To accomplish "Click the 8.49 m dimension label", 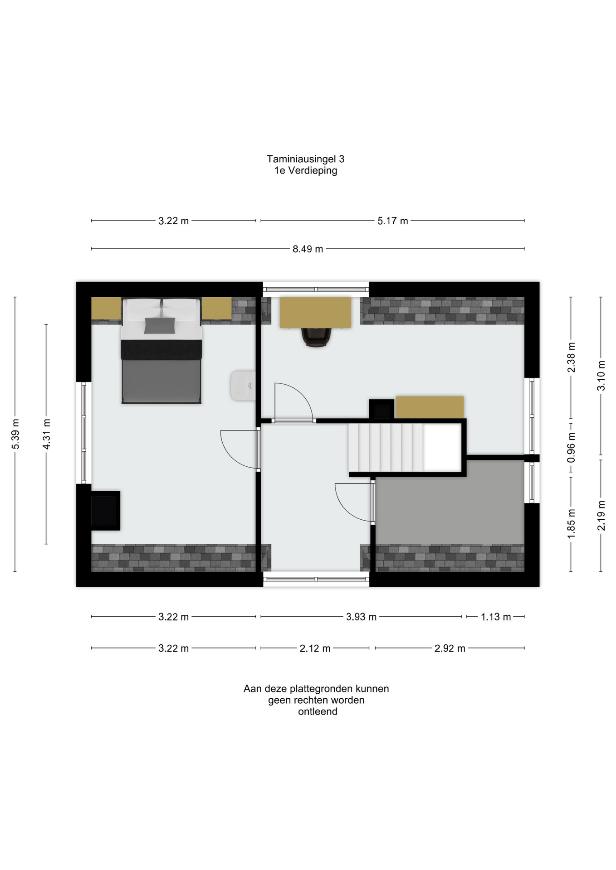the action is pyautogui.click(x=308, y=249).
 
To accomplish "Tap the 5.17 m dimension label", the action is pyautogui.click(x=393, y=221).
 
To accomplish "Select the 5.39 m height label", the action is pyautogui.click(x=15, y=434).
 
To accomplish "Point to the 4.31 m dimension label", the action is pyautogui.click(x=46, y=434).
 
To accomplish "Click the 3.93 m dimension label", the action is pyautogui.click(x=361, y=617).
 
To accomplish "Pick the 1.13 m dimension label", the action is pyautogui.click(x=496, y=617).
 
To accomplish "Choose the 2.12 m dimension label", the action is pyautogui.click(x=315, y=648).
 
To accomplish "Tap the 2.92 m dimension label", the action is pyautogui.click(x=450, y=648).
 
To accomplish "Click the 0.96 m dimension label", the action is pyautogui.click(x=571, y=447).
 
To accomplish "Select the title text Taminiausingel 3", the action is pyautogui.click(x=305, y=159).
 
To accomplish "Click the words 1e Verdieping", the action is pyautogui.click(x=306, y=171).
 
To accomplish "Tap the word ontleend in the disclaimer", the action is pyautogui.click(x=318, y=711).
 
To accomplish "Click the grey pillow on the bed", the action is pyautogui.click(x=160, y=325).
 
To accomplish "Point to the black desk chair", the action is pyautogui.click(x=316, y=337).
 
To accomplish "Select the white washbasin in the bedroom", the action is pyautogui.click(x=243, y=386).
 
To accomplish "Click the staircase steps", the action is pyautogui.click(x=386, y=448).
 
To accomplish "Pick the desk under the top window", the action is pyautogui.click(x=315, y=313).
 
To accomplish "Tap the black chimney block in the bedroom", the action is pyautogui.click(x=105, y=510).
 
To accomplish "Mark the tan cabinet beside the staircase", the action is pyautogui.click(x=430, y=407).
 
